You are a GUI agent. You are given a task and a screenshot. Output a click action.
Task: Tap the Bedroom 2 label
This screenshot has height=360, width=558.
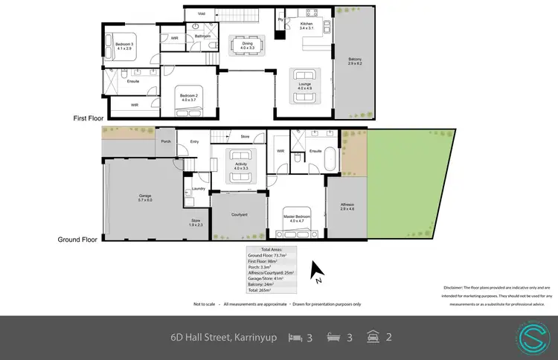(x=187, y=98)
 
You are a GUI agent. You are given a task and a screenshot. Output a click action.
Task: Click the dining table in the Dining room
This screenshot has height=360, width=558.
(x=248, y=43)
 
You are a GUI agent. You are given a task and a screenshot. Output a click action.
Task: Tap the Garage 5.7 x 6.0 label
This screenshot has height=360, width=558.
(x=144, y=198)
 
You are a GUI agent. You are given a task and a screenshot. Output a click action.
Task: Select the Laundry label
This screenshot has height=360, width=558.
(x=198, y=189)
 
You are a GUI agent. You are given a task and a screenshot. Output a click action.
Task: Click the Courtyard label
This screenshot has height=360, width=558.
(x=239, y=215)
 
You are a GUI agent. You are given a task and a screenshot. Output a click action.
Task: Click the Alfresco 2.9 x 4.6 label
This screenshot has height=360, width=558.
(x=347, y=206)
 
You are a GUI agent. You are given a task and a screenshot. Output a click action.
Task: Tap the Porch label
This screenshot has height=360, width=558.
(x=166, y=141)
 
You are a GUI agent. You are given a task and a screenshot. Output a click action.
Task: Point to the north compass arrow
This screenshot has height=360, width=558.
(x=316, y=269)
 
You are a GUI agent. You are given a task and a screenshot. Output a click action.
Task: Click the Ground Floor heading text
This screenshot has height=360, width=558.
(x=78, y=240)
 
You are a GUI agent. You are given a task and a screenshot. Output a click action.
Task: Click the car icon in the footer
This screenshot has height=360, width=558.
(x=373, y=337)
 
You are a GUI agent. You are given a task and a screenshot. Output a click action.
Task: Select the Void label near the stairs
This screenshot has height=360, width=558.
(x=202, y=13)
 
